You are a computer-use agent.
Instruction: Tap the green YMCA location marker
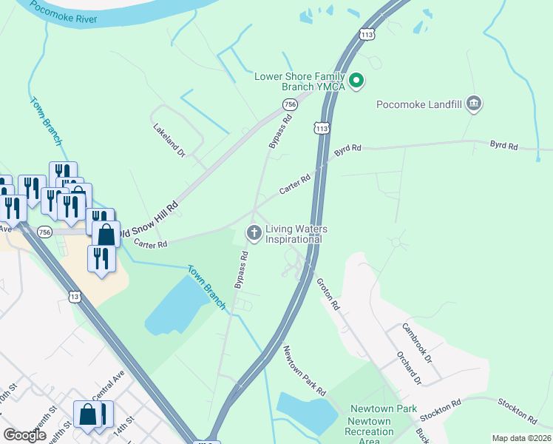356,81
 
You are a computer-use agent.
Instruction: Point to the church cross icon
254,234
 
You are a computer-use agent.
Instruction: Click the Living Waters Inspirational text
296,234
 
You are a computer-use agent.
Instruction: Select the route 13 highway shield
74,297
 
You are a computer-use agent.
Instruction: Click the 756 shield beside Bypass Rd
290,105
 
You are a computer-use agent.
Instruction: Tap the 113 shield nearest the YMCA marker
321,128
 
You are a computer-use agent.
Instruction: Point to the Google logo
24,435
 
